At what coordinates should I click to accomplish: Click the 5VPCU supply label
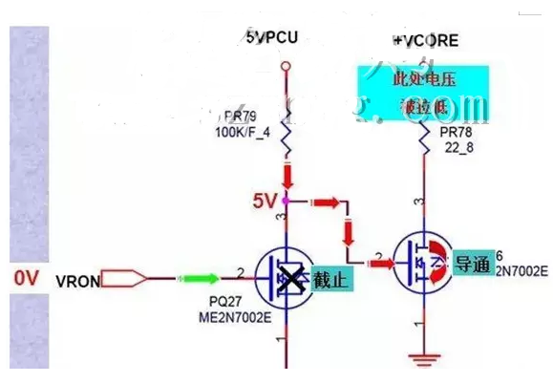tap(273, 39)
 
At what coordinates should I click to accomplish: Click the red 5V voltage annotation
tap(265, 202)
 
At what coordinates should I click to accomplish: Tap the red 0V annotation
tap(25, 278)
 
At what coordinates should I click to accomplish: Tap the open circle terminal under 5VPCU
tap(285, 65)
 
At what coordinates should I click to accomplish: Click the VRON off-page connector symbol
tap(124, 279)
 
